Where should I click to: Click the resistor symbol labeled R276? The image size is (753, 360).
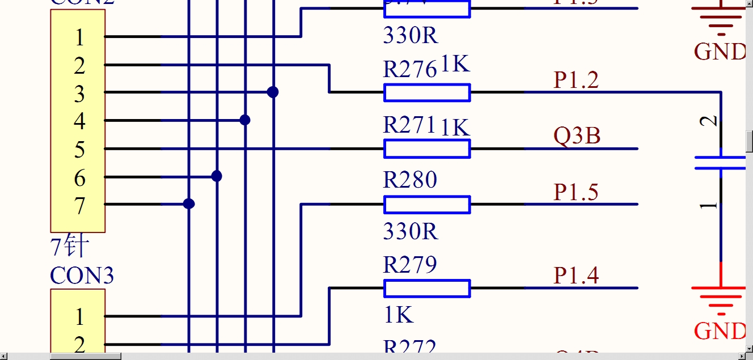(x=427, y=92)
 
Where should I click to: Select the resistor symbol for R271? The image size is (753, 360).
(x=427, y=149)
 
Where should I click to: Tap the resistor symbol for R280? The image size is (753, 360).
(x=427, y=205)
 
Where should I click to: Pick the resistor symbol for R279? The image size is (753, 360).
(x=427, y=288)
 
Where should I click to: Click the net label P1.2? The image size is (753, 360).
(x=576, y=81)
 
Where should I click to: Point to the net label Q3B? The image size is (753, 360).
(x=577, y=136)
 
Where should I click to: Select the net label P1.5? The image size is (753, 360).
(x=576, y=192)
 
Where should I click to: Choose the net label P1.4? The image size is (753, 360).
(x=576, y=276)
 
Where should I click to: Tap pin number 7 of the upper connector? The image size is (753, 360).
(x=79, y=206)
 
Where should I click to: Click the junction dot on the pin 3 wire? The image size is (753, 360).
(x=273, y=92)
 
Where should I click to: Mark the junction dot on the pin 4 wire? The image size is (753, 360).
(x=245, y=120)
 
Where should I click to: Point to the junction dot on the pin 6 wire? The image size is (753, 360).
(x=217, y=176)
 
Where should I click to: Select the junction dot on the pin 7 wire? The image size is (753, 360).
(x=189, y=204)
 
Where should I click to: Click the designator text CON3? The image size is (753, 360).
(x=82, y=276)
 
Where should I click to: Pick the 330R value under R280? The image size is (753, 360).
(x=411, y=232)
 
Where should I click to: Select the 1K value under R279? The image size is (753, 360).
(x=399, y=315)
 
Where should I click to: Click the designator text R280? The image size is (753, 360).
(x=410, y=180)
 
